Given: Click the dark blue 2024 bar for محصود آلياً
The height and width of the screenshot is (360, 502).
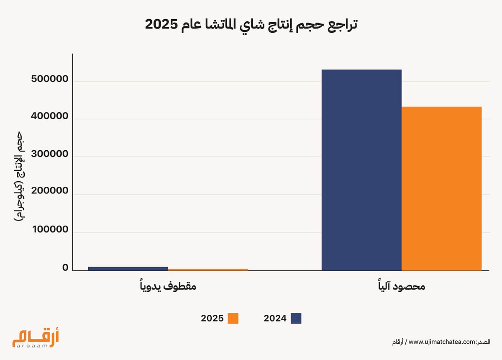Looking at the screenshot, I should point(361,170).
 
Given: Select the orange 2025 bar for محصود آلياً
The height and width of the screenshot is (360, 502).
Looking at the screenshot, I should point(441,188).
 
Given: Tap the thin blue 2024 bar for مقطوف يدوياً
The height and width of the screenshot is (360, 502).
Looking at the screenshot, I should point(128,268).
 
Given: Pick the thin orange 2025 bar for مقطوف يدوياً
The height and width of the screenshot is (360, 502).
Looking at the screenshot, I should point(208,270).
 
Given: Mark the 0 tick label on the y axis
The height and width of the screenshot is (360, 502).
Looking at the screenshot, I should point(65,268).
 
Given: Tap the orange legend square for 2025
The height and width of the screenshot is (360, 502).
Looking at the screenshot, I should point(233,318).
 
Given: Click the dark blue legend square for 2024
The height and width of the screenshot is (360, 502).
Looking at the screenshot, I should point(296,318).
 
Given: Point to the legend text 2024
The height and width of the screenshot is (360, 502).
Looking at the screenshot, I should point(275,318).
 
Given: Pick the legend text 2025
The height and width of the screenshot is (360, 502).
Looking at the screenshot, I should point(212,318).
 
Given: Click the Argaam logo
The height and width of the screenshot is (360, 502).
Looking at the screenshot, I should point(36,338).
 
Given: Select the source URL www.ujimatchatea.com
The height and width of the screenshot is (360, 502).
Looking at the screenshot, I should point(443,342).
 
